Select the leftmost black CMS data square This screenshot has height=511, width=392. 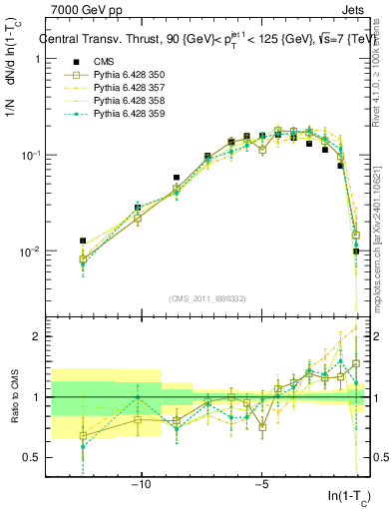click(x=83, y=241)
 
